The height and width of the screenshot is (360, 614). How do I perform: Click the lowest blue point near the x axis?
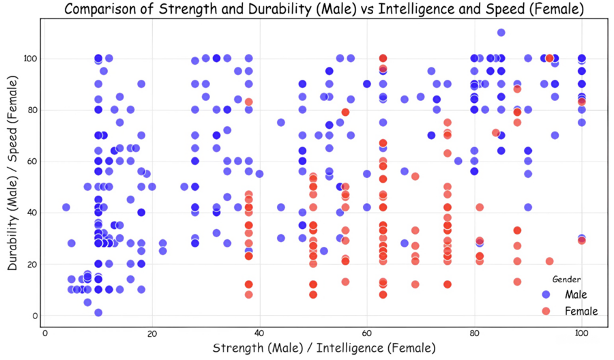pos(98,312)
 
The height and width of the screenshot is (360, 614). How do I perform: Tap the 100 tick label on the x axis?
pos(581,333)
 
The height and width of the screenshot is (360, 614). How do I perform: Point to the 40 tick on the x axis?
pos(259,333)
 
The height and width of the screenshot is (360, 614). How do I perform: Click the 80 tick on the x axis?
pos(474,333)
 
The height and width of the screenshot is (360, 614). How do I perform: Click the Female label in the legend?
pos(581,311)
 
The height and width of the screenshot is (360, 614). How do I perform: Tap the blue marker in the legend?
pos(546,295)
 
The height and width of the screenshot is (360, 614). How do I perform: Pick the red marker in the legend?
pos(546,311)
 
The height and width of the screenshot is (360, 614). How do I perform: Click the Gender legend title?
pos(567,279)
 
